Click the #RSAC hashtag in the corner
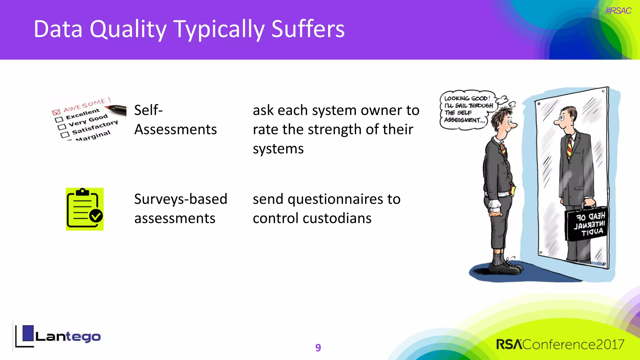618,11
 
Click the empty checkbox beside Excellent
59,119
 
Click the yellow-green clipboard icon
84,209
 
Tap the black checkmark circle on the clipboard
96,216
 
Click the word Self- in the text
148,110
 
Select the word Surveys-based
181,199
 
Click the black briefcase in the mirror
586,223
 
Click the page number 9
318,347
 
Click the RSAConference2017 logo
560,344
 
